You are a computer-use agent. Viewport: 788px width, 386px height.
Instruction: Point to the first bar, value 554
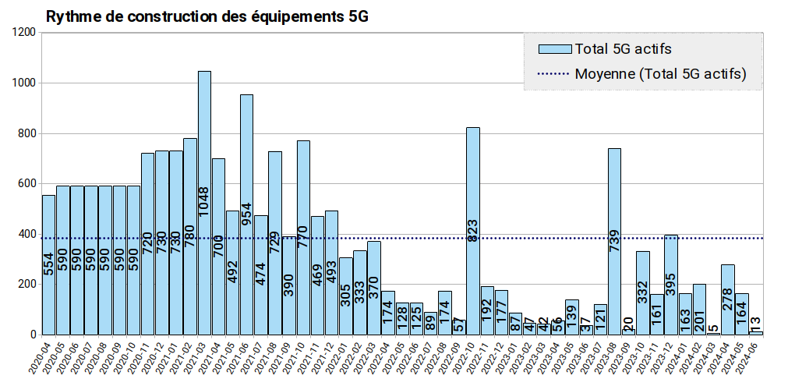pos(48,265)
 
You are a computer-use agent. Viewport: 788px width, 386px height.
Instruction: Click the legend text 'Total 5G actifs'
pos(623,49)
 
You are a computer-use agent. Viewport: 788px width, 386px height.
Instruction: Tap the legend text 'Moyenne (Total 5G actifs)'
pos(660,74)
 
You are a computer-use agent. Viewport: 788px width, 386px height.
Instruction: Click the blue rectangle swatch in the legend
pos(554,49)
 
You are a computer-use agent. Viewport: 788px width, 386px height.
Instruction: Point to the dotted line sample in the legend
pos(554,74)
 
